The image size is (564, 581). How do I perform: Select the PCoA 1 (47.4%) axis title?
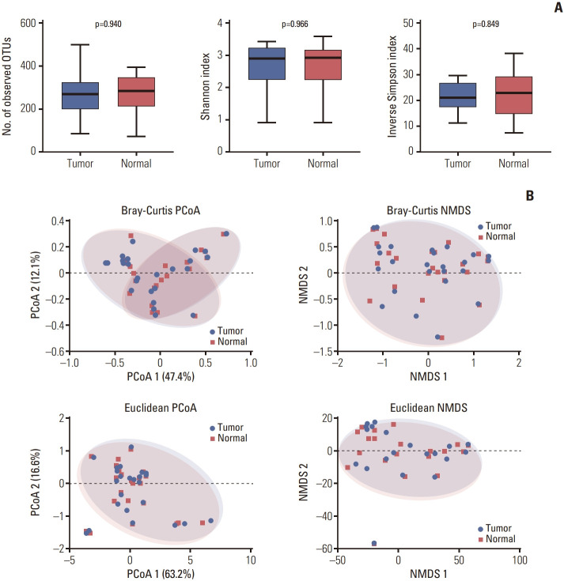160,376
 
